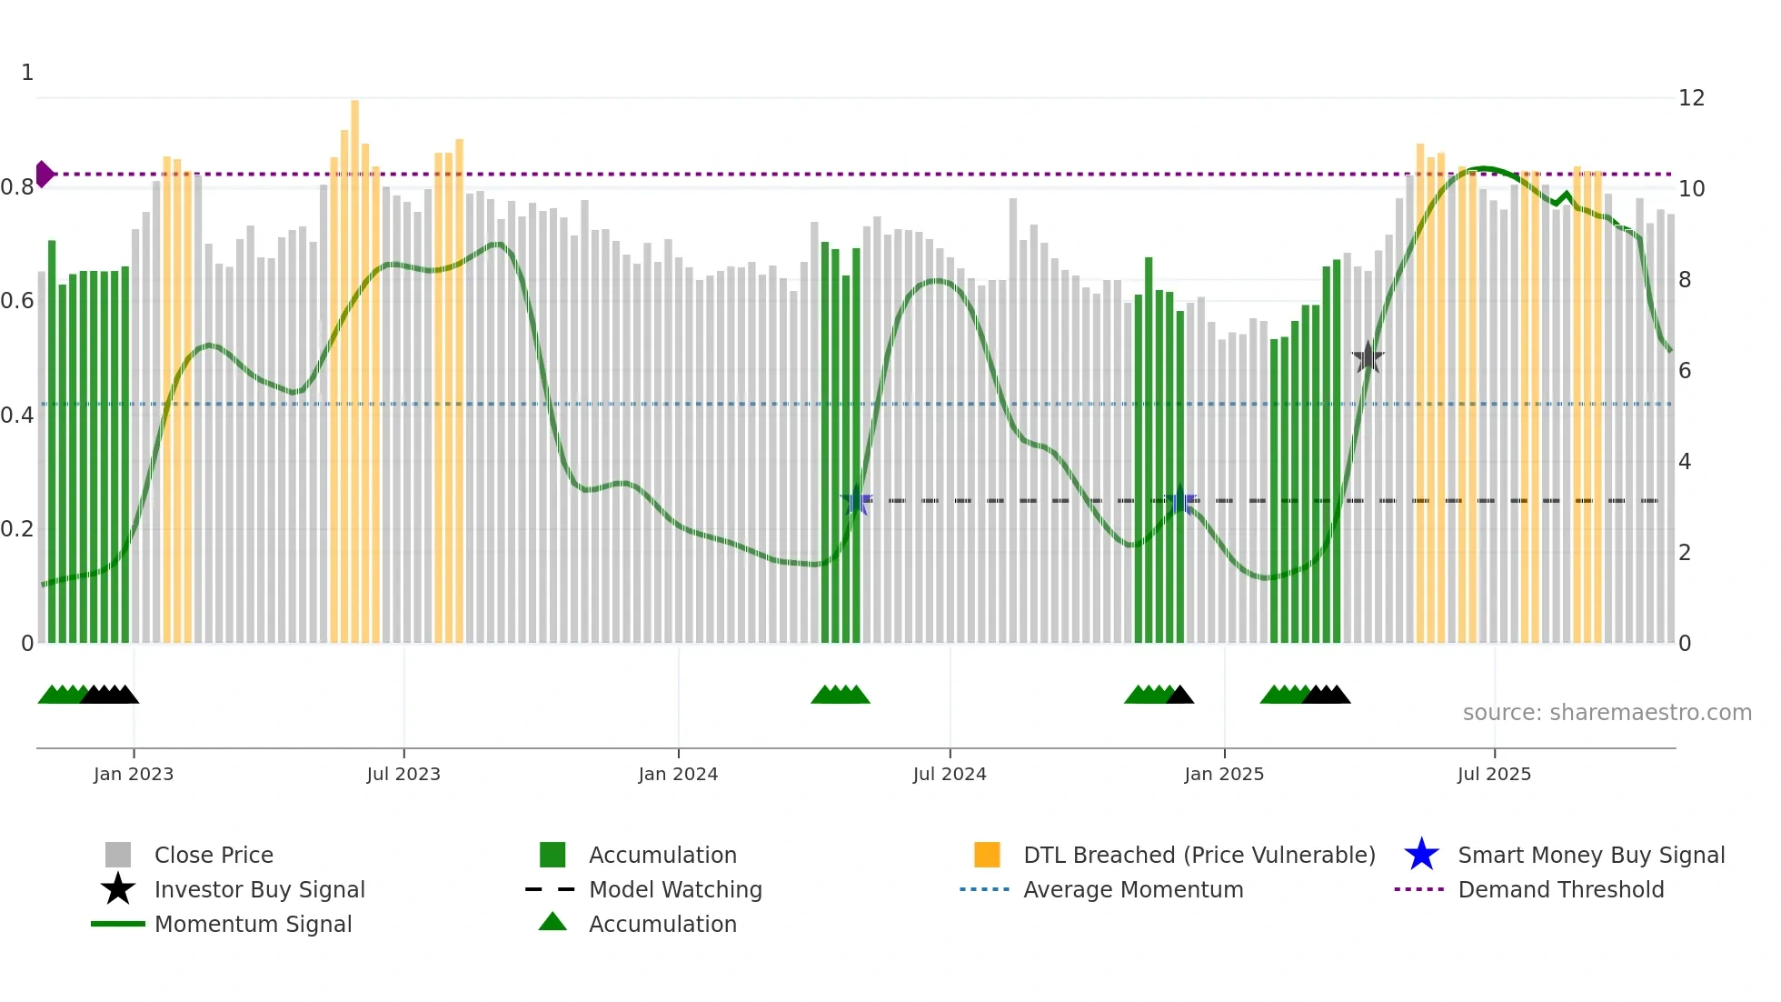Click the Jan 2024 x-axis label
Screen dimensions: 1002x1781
678,774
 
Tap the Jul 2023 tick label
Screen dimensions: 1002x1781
403,774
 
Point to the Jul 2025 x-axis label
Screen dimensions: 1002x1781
1494,774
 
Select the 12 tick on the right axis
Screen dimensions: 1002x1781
1691,98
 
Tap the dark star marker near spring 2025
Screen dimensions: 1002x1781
1368,358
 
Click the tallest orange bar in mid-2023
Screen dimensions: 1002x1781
355,364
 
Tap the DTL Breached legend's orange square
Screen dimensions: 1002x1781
987,855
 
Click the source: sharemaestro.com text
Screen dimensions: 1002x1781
1607,712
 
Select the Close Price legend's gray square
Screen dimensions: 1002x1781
118,855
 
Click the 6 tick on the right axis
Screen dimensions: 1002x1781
1685,371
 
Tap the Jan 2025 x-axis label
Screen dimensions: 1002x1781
1224,774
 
